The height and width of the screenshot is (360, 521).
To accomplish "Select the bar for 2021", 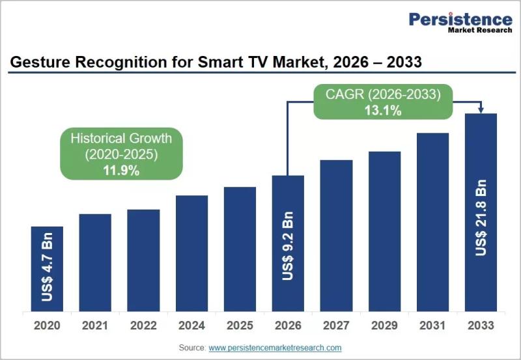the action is [x=95, y=263].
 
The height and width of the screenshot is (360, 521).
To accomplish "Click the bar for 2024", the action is [x=191, y=253].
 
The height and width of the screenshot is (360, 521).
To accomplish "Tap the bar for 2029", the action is [x=384, y=232].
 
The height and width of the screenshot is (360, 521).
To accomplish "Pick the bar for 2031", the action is [x=432, y=222].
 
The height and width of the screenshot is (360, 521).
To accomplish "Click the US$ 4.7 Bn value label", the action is [x=47, y=268].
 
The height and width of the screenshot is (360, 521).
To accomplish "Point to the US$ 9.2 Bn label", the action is [x=288, y=246].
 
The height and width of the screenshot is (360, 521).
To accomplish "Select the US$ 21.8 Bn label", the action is [x=481, y=218].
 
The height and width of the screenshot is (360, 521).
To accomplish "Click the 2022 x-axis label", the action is [x=143, y=325].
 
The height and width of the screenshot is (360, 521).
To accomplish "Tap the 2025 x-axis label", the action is [x=240, y=325].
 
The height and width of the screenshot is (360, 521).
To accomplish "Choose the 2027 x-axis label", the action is [x=336, y=325].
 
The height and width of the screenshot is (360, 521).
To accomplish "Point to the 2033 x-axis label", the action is [x=481, y=325].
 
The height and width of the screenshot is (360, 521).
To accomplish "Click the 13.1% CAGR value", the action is [x=383, y=110].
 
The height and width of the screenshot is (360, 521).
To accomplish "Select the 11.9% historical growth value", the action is [x=121, y=171].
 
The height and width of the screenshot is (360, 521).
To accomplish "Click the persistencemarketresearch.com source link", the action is [x=275, y=348].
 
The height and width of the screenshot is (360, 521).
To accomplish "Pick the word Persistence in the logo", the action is [x=460, y=20].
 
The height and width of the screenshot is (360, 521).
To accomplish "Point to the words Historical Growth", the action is [x=121, y=139].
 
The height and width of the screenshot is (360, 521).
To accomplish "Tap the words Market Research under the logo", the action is [x=480, y=30].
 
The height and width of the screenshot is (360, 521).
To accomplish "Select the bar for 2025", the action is [x=240, y=249].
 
